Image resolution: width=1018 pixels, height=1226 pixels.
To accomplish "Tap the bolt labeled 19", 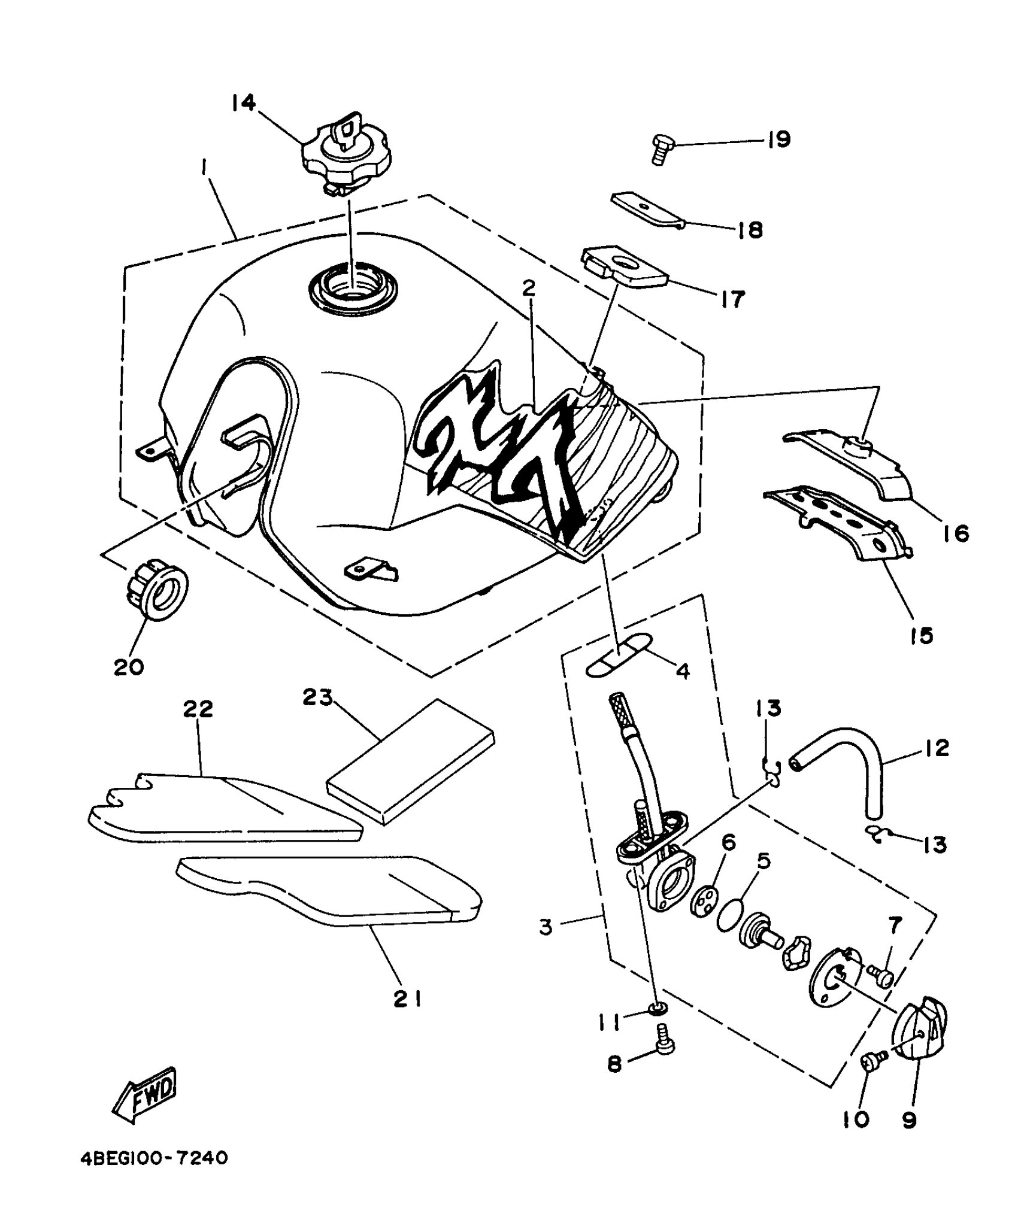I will (x=659, y=150).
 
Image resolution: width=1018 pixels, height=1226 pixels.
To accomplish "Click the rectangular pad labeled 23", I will (x=411, y=760).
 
